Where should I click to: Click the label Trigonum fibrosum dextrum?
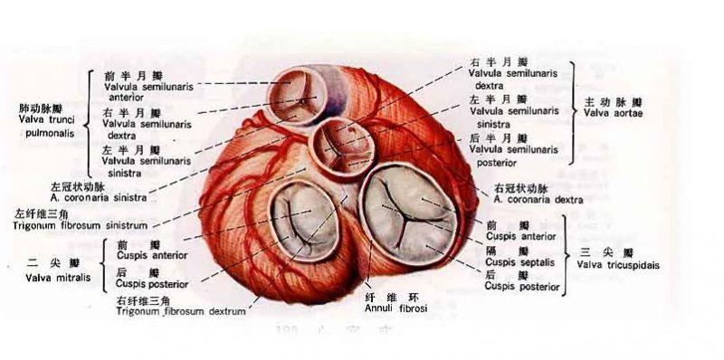pos(180,310)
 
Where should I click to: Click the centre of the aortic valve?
pos(341,142)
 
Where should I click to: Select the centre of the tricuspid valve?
pos(406,212)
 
